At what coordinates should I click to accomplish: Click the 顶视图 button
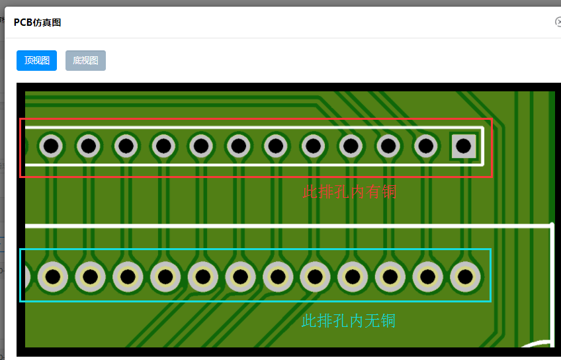(x=36, y=61)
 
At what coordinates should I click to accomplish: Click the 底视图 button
(x=85, y=61)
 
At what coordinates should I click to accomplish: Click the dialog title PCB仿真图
(x=38, y=22)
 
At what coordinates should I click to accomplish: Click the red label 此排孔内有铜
(x=349, y=192)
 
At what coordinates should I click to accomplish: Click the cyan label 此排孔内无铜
(x=349, y=321)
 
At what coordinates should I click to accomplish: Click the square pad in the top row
(x=463, y=146)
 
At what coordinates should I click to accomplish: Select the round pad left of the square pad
(x=427, y=146)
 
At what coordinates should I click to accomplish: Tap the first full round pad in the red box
(x=51, y=146)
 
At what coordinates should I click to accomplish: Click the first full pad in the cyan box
(x=52, y=276)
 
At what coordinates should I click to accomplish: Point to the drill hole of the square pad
(x=463, y=146)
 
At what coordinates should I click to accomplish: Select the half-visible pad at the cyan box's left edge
(x=28, y=276)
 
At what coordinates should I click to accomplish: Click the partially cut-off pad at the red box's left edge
(x=27, y=146)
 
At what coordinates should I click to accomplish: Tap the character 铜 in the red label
(x=388, y=192)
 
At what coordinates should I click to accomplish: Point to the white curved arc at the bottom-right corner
(x=537, y=343)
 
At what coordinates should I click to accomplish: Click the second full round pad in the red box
(x=88, y=146)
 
